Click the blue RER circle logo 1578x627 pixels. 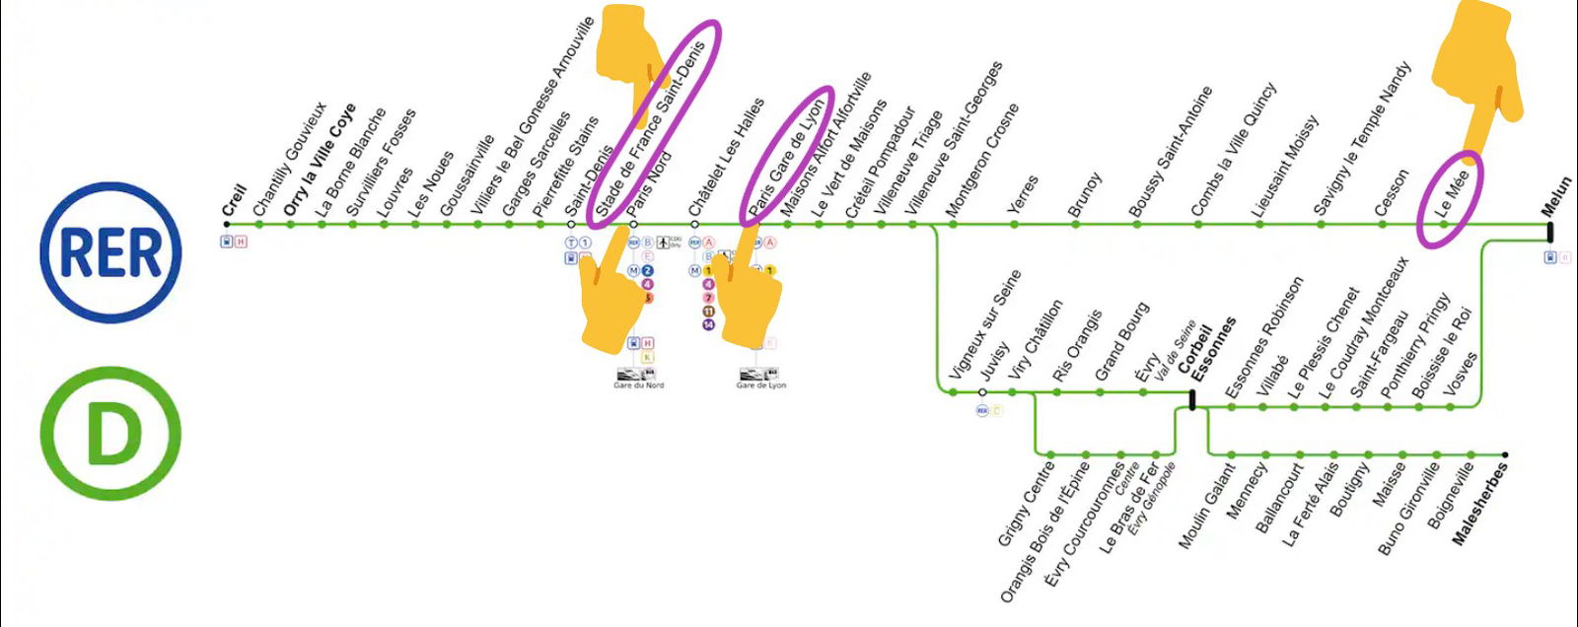[x=110, y=252]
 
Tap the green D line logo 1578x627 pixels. [x=110, y=434]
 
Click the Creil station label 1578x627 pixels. [x=234, y=200]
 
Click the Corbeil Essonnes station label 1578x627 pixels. [x=1205, y=351]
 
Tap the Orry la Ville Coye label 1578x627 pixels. [x=319, y=161]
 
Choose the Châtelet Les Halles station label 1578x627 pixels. [x=726, y=158]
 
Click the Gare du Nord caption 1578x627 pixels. [x=639, y=385]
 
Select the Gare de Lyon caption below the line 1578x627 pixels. [x=761, y=385]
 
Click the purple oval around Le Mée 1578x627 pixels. [x=1450, y=199]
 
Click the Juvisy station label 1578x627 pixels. [x=994, y=361]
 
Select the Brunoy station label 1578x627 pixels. [x=1084, y=195]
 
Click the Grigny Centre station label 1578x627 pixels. [x=1026, y=503]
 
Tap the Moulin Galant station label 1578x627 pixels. [x=1206, y=506]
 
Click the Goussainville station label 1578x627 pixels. [x=466, y=175]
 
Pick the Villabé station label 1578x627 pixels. [x=1272, y=376]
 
